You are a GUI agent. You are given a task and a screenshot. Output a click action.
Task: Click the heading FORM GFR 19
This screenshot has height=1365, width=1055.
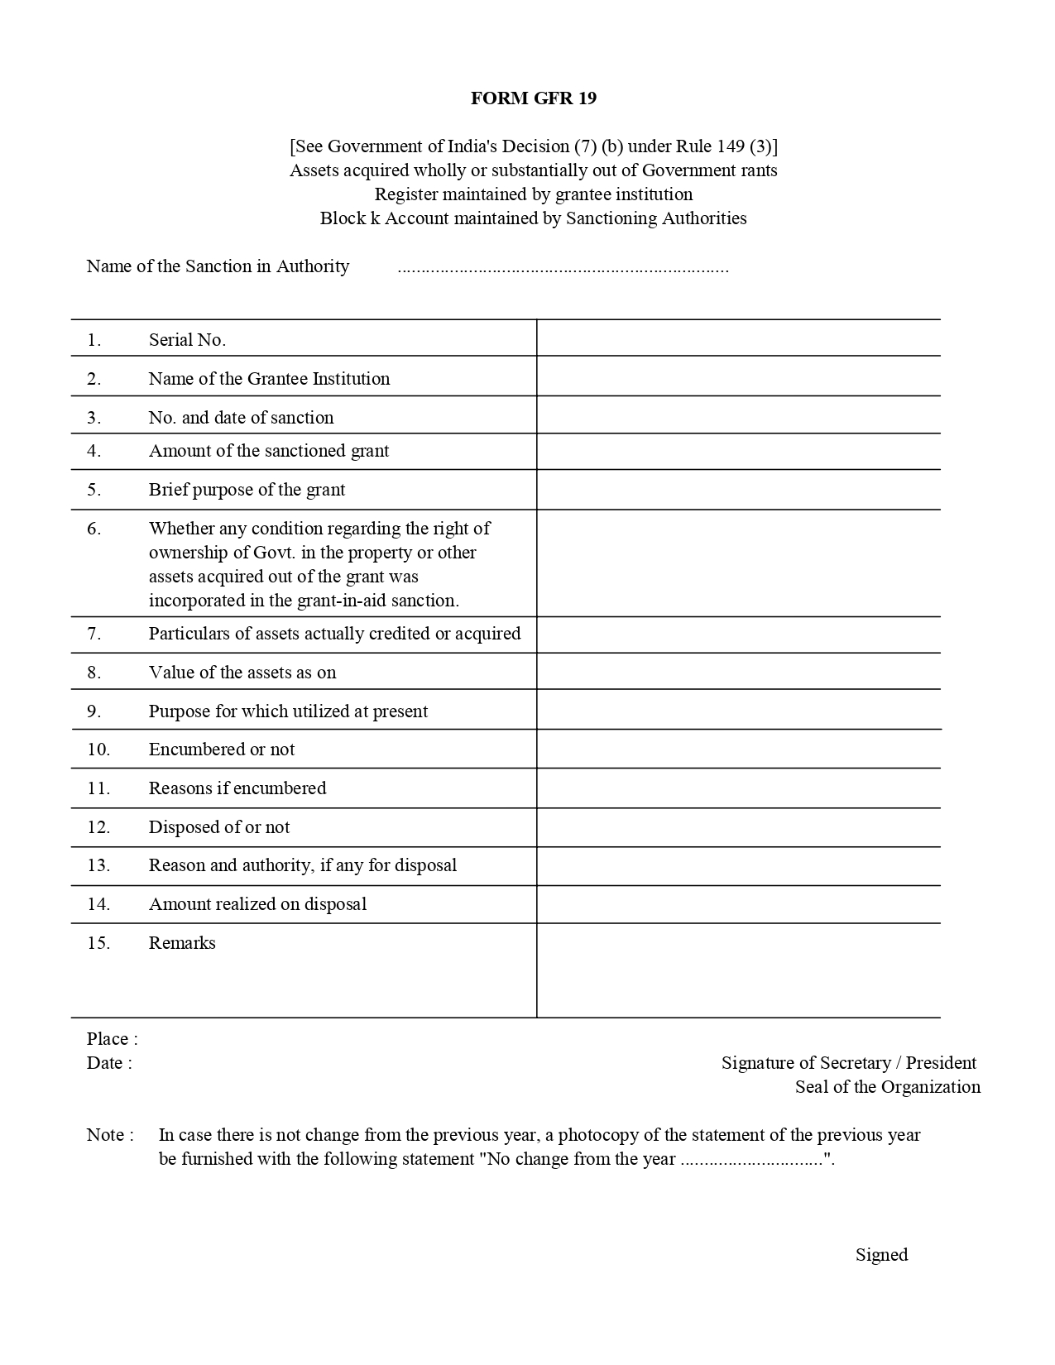533,98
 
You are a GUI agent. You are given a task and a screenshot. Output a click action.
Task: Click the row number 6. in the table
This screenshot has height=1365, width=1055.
94,529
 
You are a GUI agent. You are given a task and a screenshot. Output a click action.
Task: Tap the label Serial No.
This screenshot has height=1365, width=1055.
187,340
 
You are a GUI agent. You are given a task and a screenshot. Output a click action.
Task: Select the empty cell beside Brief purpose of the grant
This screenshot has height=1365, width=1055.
738,490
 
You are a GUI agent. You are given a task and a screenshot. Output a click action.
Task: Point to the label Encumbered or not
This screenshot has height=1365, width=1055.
222,750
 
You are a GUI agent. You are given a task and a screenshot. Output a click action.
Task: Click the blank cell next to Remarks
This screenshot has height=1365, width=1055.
738,970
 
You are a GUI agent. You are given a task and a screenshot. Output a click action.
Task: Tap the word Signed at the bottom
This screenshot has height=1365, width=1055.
881,1255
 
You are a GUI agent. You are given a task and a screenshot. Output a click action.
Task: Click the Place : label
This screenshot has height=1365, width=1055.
112,1039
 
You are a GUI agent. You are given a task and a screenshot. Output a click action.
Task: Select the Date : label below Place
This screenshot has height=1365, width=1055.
109,1063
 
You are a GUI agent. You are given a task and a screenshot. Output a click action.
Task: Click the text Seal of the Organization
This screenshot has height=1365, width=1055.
887,1087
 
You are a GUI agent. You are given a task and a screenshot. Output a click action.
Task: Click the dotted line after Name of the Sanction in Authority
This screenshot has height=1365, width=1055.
563,268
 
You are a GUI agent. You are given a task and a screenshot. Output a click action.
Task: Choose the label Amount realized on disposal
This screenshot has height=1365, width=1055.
257,904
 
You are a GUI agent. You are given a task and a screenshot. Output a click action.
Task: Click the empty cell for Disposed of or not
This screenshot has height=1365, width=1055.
738,827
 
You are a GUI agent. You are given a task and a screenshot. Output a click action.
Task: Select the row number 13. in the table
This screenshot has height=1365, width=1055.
98,865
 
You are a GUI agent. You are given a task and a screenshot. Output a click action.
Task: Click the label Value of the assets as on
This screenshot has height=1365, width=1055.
242,673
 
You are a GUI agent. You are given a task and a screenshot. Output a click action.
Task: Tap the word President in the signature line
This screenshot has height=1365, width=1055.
941,1063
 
